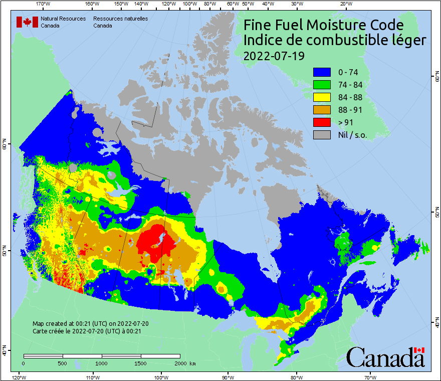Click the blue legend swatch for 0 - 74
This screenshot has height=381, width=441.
click(x=322, y=73)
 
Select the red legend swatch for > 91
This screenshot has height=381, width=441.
click(x=322, y=122)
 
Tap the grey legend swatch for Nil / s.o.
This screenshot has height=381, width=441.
click(x=322, y=135)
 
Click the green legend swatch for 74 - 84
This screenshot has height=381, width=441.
click(x=322, y=85)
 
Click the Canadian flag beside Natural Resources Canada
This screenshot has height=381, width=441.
click(x=27, y=22)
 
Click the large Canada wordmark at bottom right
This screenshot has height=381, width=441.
click(x=385, y=357)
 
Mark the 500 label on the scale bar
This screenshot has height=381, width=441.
click(x=63, y=363)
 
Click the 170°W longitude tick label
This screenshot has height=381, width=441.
click(x=43, y=4)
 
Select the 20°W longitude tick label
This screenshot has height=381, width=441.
click(x=345, y=4)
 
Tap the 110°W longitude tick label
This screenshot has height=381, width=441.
click(x=92, y=377)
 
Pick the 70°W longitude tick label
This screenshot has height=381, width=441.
click(x=370, y=377)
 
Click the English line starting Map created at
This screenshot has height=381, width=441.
click(x=90, y=324)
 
